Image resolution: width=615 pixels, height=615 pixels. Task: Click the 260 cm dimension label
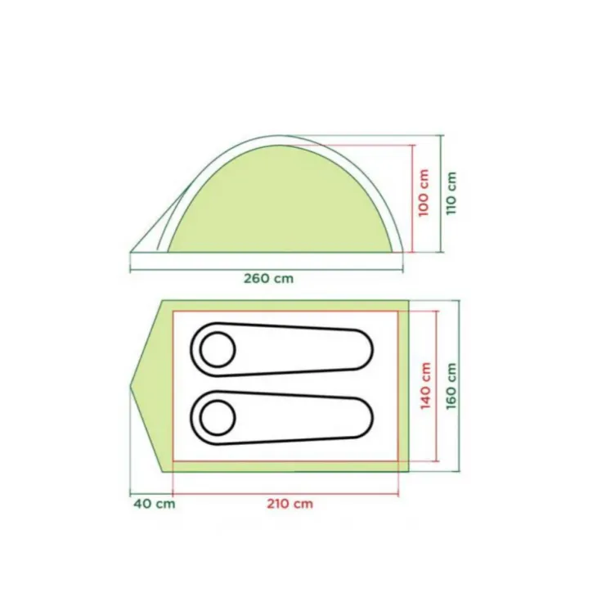click(x=268, y=278)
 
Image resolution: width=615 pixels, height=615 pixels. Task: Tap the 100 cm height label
click(x=424, y=193)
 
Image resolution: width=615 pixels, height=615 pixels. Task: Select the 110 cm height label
click(x=451, y=193)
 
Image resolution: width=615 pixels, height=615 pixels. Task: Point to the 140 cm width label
click(x=425, y=386)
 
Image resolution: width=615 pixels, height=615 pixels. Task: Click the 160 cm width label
click(x=452, y=386)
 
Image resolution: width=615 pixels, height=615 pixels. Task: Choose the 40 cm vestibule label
click(x=154, y=503)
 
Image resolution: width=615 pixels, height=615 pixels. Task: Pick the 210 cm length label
click(x=290, y=503)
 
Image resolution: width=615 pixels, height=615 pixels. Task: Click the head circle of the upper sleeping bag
click(x=218, y=350)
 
